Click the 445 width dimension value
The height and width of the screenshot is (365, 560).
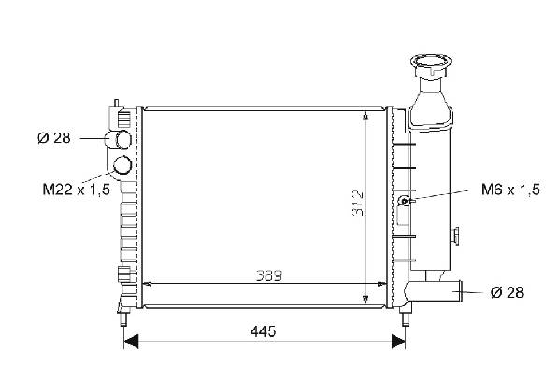tap(263, 331)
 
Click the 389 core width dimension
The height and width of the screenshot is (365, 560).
tap(269, 275)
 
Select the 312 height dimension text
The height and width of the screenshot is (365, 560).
tap(357, 204)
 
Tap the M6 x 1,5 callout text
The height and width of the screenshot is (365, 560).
tap(510, 190)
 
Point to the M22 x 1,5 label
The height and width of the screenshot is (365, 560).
tap(77, 190)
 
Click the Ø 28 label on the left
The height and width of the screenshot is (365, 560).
tap(54, 138)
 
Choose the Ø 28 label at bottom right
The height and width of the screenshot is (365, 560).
tap(507, 292)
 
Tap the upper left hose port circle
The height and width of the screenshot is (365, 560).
tap(122, 140)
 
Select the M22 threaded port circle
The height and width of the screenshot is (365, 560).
tap(122, 165)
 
